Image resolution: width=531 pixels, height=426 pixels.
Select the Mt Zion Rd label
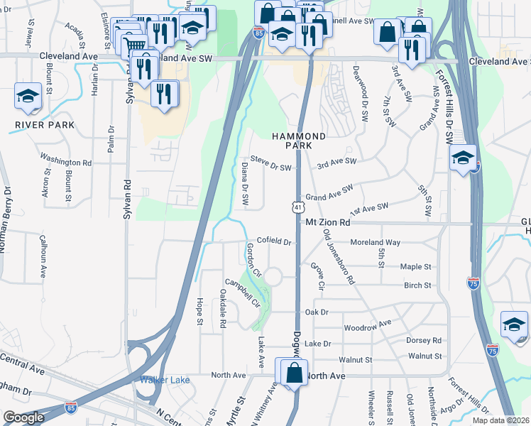click(x=328, y=222)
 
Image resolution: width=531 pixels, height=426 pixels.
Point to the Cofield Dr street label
click(x=275, y=241)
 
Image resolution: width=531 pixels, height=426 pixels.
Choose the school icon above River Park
click(x=28, y=97)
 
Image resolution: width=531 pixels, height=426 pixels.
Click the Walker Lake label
click(x=165, y=380)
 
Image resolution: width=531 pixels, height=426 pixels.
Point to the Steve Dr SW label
click(x=272, y=167)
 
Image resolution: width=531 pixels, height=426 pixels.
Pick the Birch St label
click(x=417, y=285)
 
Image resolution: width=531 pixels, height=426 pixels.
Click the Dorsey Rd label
click(x=424, y=340)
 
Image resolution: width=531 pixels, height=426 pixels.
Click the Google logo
click(x=23, y=417)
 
